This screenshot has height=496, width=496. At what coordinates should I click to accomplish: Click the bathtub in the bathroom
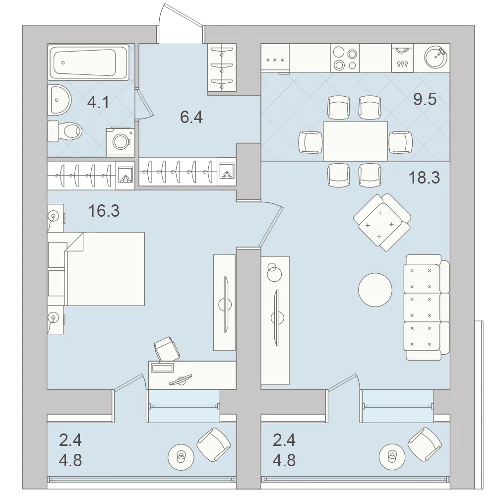click(88, 62)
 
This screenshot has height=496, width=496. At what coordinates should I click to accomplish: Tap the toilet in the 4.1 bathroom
click(64, 131)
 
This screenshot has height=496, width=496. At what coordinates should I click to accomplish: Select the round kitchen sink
click(436, 57)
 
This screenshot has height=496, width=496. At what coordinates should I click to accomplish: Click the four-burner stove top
click(345, 58)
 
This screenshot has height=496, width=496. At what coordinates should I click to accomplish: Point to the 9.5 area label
click(425, 99)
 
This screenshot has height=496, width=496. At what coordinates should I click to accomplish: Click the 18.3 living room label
click(424, 178)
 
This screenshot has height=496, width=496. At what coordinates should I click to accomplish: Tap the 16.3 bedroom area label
click(104, 211)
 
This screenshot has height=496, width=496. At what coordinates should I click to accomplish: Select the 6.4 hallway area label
click(191, 118)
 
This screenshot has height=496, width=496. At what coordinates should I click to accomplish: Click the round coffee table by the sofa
click(375, 290)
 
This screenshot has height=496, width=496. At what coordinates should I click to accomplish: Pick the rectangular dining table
click(355, 141)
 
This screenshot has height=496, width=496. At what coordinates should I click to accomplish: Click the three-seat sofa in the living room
click(427, 308)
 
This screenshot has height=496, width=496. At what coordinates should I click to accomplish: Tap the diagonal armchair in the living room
click(382, 222)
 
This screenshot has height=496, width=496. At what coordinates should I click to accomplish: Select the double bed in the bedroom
click(96, 269)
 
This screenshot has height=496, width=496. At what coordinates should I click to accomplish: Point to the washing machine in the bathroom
click(120, 142)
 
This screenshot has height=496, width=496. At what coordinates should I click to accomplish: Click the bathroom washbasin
click(60, 100)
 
